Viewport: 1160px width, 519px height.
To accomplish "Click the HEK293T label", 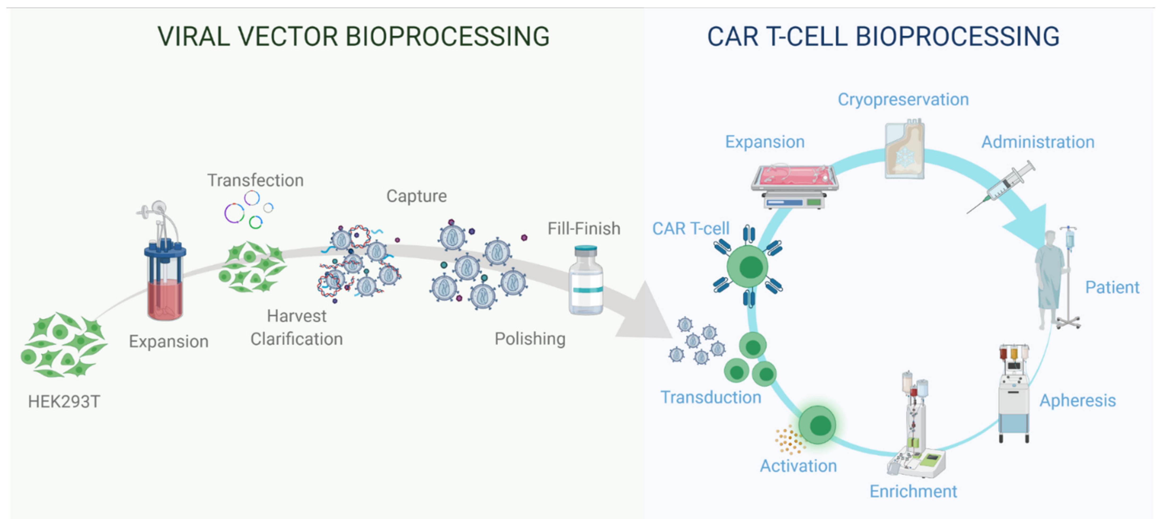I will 64,401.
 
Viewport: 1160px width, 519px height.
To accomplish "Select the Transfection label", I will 255,180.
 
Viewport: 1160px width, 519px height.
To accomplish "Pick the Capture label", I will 417,196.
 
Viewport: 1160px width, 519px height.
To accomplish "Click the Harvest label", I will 296,316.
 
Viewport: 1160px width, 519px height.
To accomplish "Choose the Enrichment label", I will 913,491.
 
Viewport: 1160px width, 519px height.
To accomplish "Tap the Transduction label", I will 711,397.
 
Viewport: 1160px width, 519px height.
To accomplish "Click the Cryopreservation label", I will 903,100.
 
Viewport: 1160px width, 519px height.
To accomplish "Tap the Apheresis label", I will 1077,401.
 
